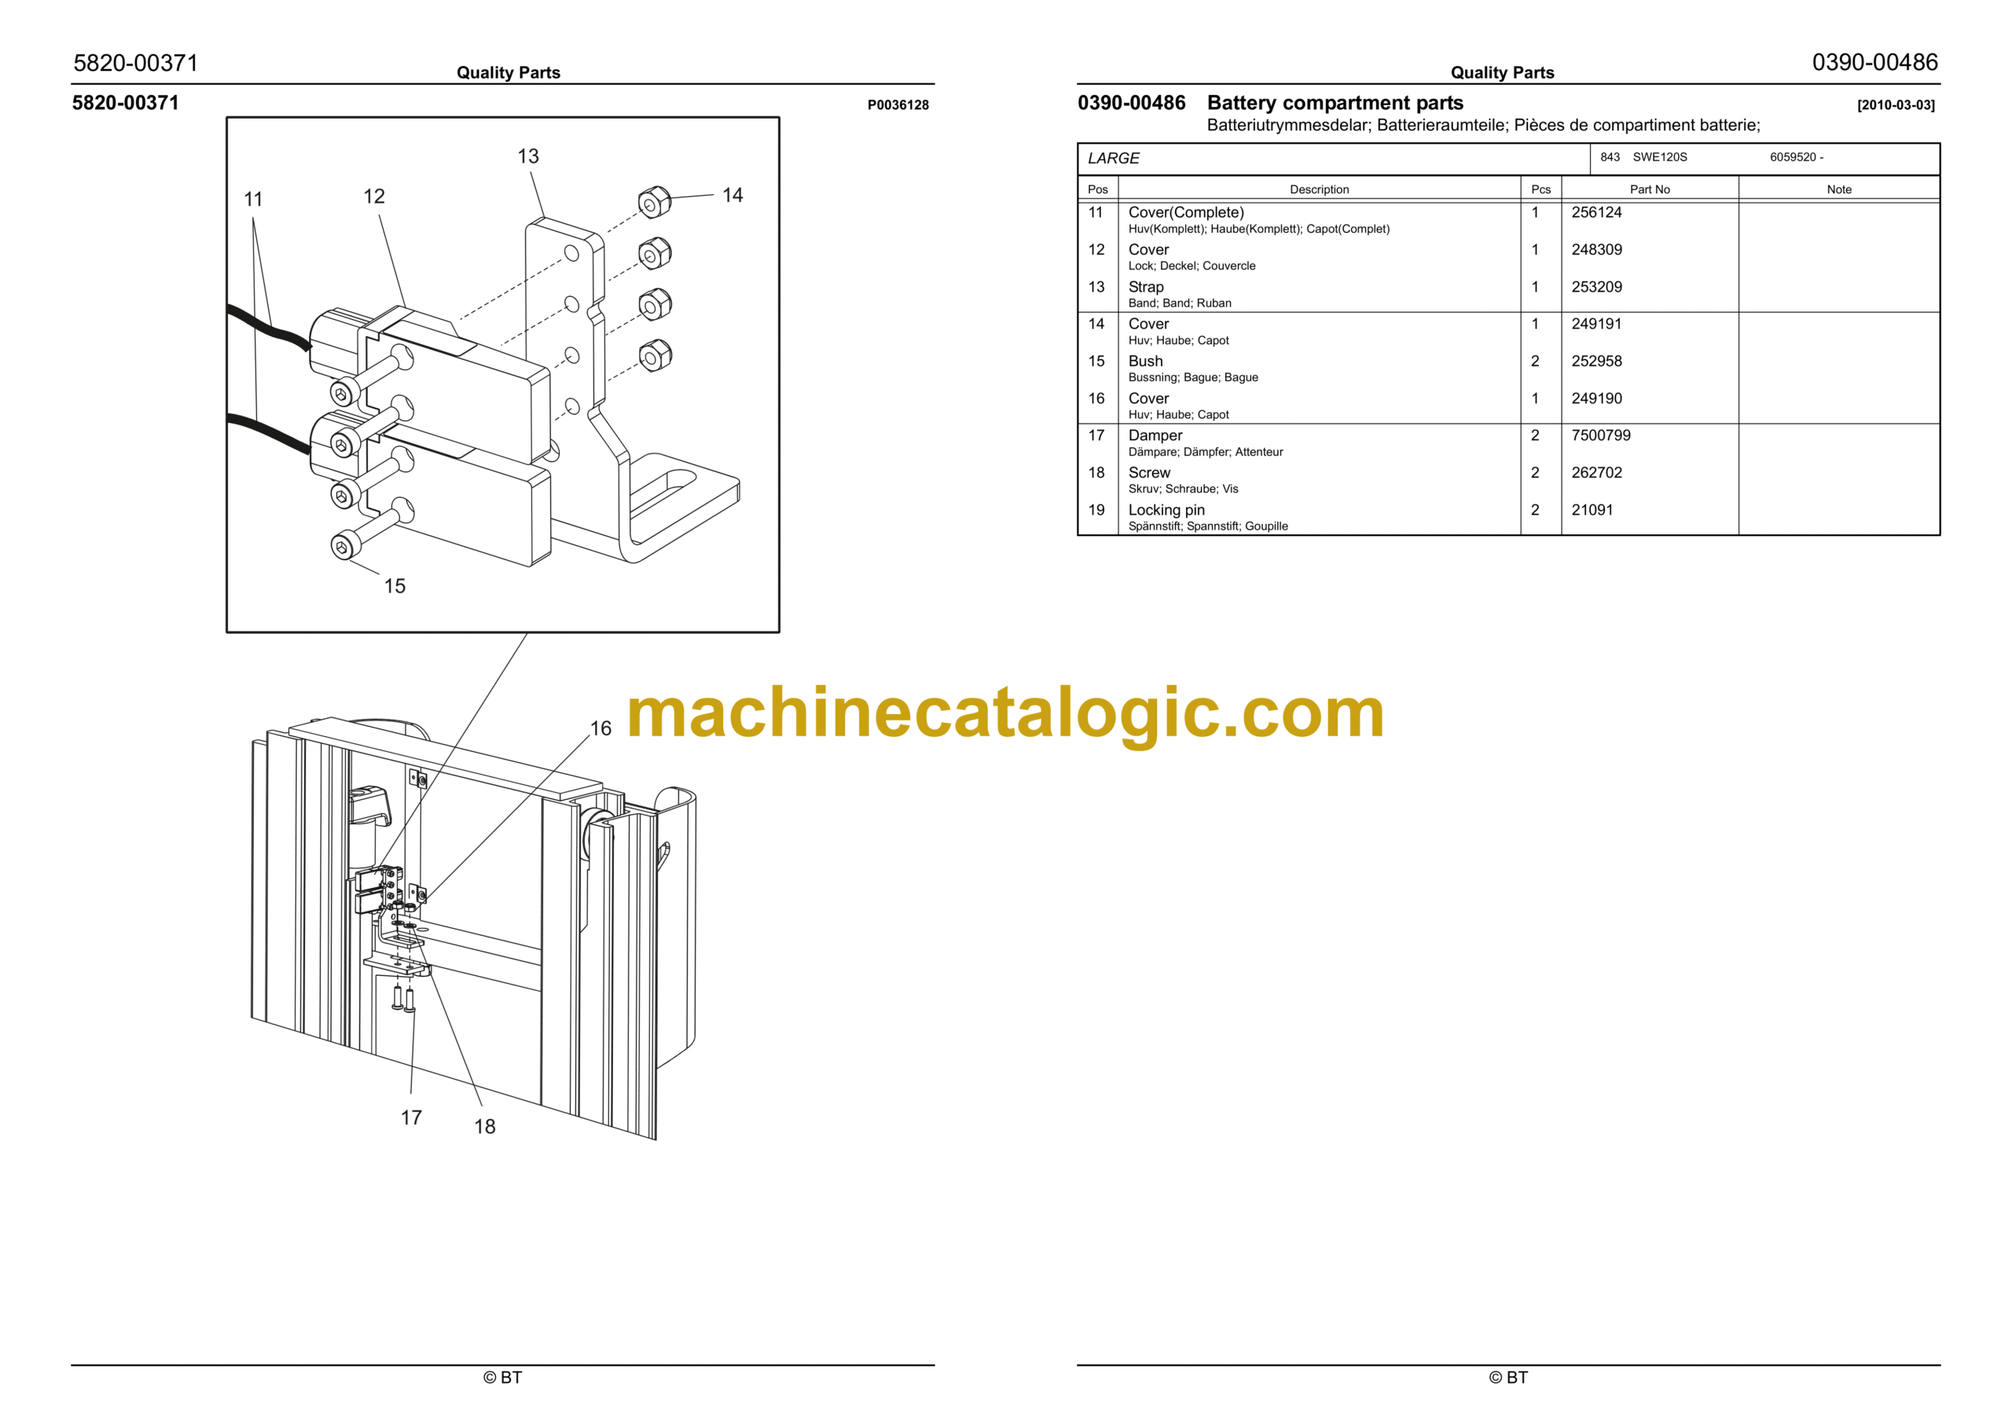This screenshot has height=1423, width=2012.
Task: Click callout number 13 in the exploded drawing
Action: tap(527, 156)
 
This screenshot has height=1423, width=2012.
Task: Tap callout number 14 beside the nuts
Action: tap(732, 195)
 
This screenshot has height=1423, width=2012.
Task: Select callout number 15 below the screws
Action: tap(395, 585)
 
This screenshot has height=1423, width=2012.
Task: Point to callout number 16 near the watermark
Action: tap(600, 728)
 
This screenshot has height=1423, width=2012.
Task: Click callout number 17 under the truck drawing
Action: tap(411, 1117)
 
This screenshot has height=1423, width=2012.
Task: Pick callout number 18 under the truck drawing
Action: tap(485, 1126)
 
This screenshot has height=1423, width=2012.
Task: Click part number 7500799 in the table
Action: tap(1600, 435)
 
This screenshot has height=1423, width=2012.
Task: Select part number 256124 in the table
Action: tap(1595, 212)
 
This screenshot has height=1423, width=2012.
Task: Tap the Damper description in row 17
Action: tap(1155, 435)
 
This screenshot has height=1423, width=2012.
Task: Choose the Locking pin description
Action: tap(1166, 510)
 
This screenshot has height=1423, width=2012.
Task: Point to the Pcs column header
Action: tap(1540, 189)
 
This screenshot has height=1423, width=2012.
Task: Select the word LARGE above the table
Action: tap(1113, 159)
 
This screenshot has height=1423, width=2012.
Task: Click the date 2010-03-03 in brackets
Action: tap(1896, 105)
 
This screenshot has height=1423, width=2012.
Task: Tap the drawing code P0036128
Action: tap(898, 105)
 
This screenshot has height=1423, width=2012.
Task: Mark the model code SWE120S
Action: tap(1659, 157)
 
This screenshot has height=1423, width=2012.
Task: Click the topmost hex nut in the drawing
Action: tap(654, 204)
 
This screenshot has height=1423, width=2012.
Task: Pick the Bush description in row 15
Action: tap(1145, 361)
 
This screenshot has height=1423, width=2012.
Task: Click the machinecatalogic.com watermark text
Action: tap(1005, 714)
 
